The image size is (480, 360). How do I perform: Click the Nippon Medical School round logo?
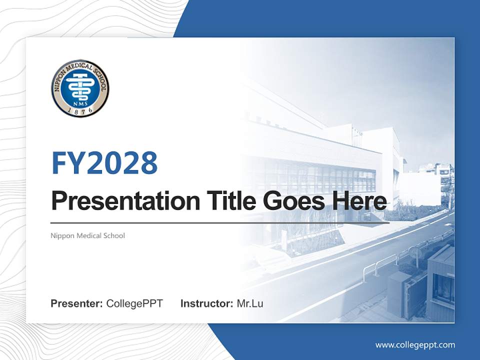pos(80,88)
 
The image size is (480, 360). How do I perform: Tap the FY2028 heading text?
pos(104,163)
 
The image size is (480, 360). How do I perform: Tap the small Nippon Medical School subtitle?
pos(88,235)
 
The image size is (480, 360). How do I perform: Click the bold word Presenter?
pos(77,303)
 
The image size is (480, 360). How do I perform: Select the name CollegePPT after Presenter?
pos(134,303)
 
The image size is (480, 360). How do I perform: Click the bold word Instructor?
pos(206,303)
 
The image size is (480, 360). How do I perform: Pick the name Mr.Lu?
pos(250,303)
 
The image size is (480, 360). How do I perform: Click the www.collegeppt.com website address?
pos(415,345)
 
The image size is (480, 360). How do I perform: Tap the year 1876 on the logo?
pos(80,111)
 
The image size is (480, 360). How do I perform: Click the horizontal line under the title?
pos(220,222)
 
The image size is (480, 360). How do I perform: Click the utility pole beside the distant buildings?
pos(449,190)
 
